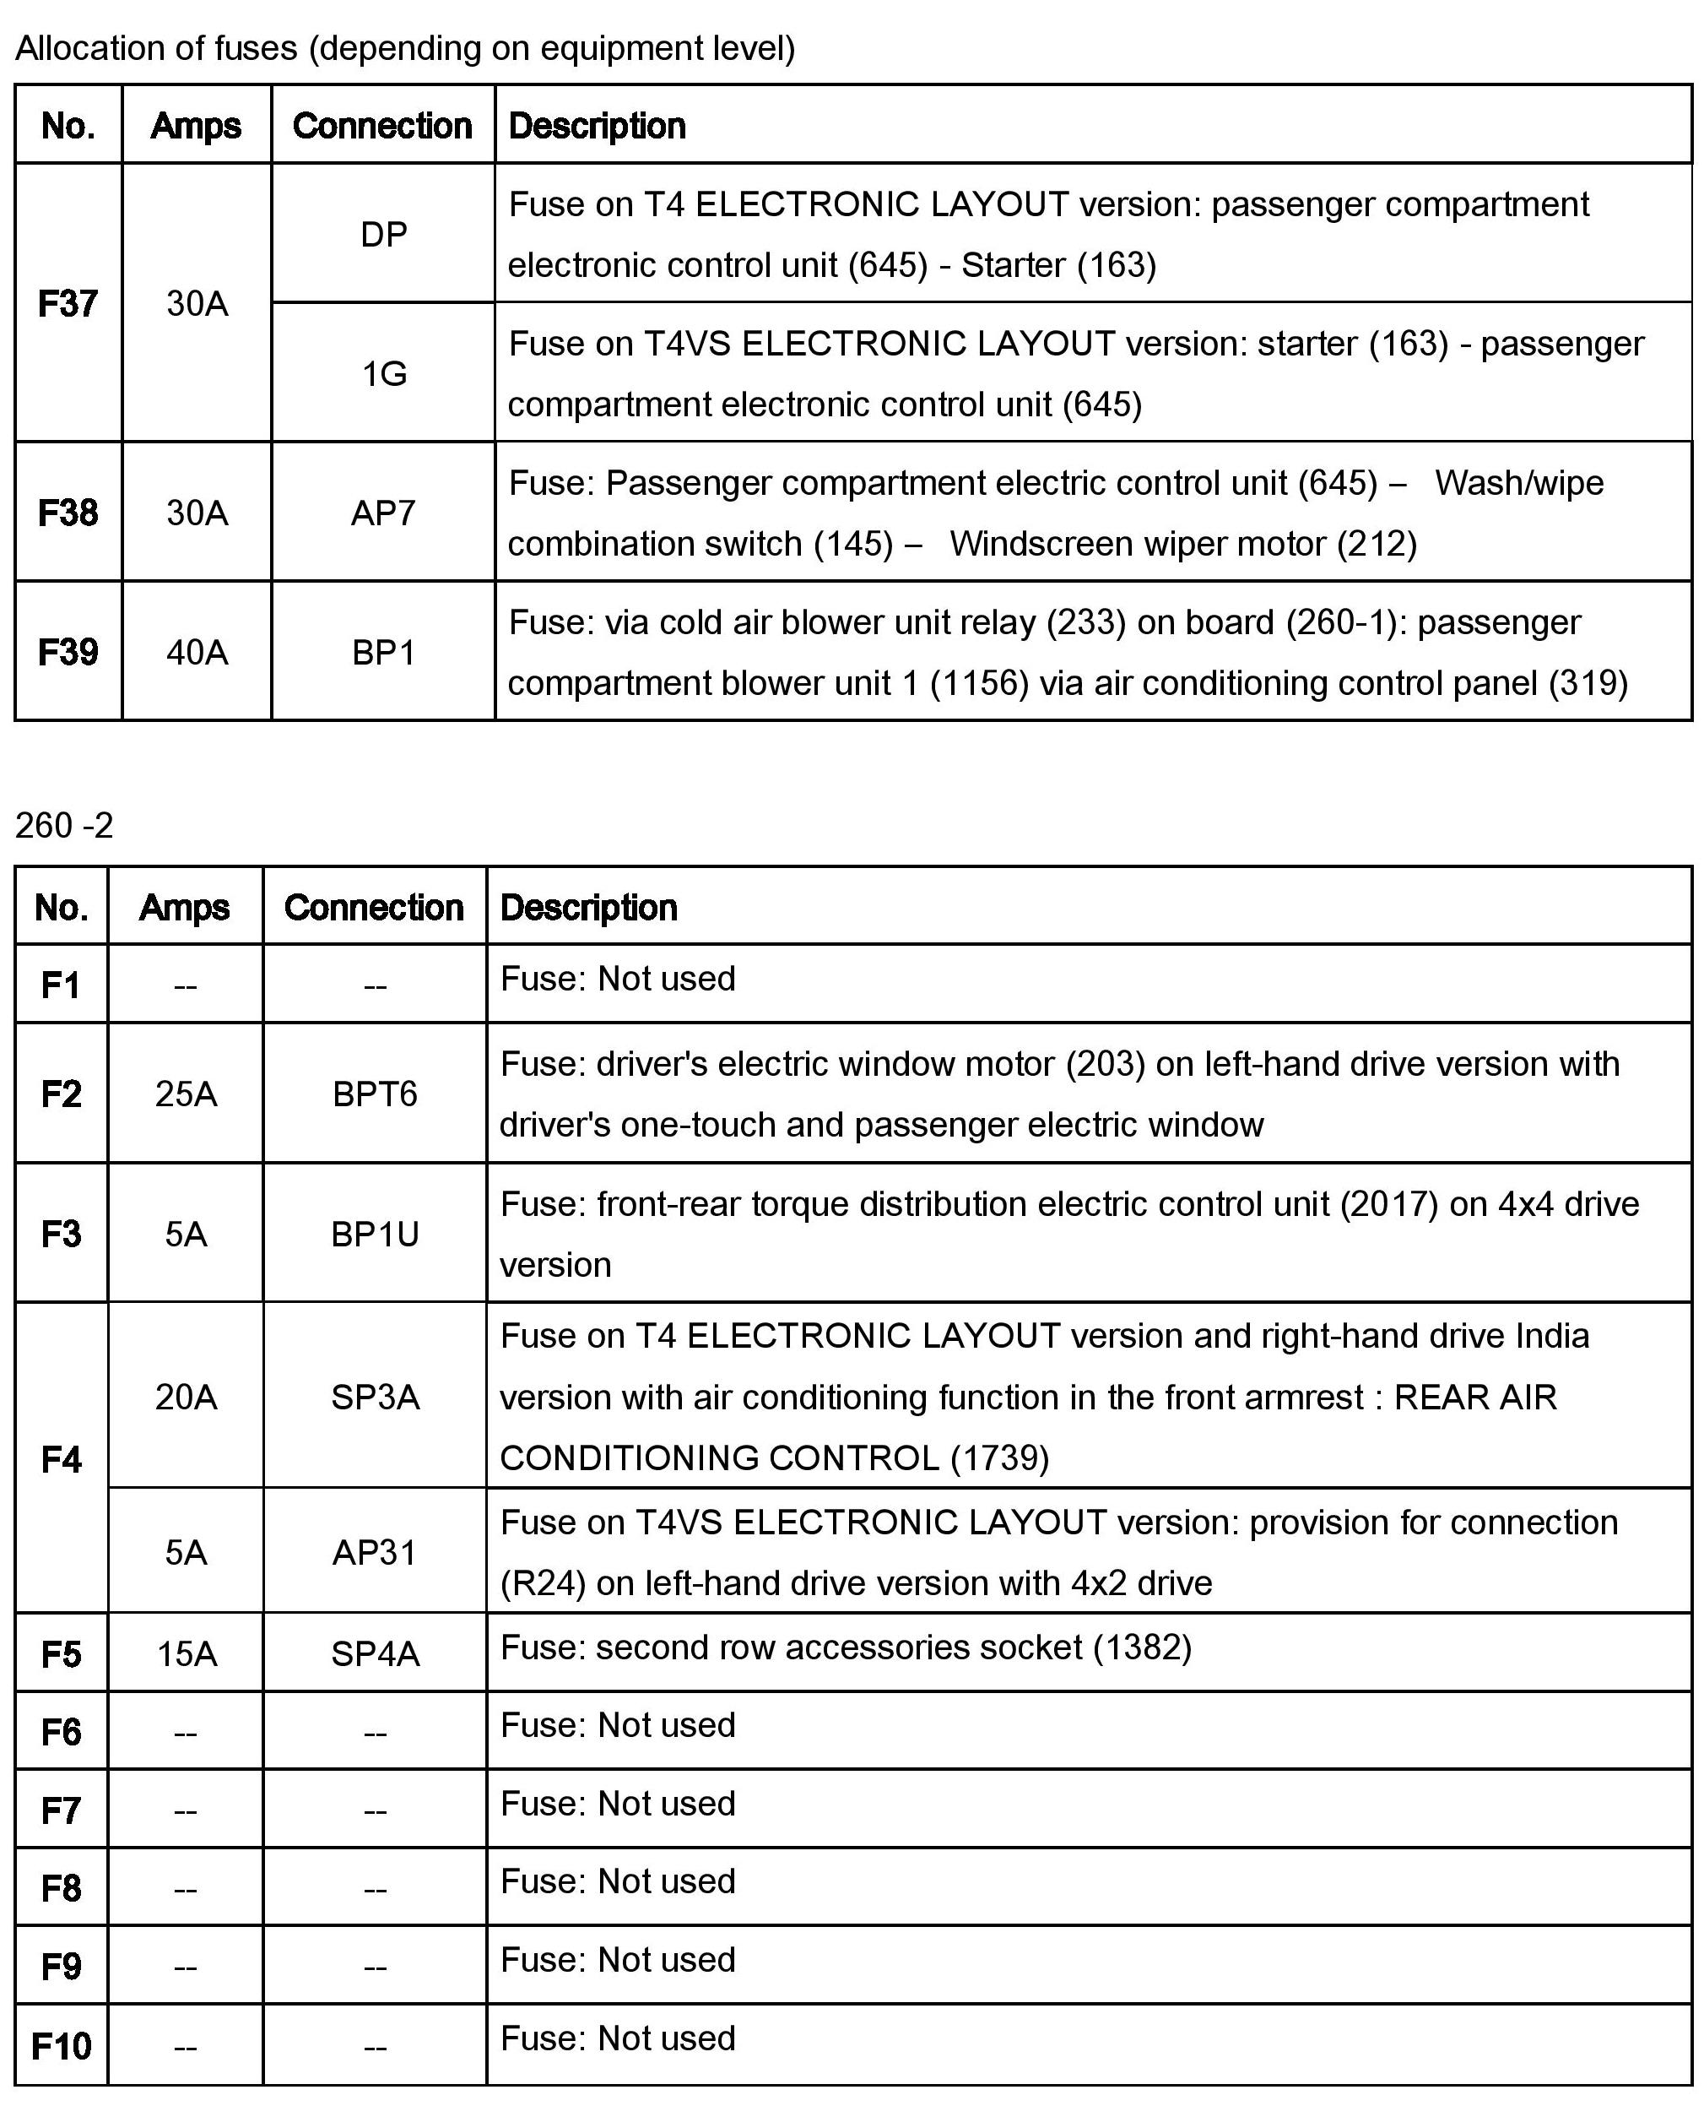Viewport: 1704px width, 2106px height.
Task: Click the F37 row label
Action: click(68, 303)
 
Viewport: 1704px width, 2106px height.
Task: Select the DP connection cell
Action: click(384, 235)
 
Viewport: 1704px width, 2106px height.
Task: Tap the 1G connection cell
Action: click(384, 374)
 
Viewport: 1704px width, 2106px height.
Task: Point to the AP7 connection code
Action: click(383, 513)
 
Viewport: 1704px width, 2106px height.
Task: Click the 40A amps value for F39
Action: click(197, 653)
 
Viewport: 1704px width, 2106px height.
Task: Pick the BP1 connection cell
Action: click(383, 653)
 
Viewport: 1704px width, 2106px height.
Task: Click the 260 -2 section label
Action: click(65, 826)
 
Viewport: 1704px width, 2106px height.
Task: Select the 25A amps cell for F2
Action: click(186, 1094)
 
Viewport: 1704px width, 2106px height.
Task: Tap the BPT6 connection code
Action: click(375, 1094)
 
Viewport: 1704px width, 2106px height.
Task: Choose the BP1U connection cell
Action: click(375, 1235)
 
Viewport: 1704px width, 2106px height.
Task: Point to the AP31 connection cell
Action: click(375, 1552)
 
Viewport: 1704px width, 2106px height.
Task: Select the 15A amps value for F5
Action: click(186, 1654)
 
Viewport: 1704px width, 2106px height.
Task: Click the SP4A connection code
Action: click(375, 1654)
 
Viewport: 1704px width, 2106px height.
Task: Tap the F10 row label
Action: click(61, 2047)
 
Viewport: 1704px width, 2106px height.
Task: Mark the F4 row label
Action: click(61, 1460)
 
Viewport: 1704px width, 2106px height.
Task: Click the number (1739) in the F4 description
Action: click(999, 1458)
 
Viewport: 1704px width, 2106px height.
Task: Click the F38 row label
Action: click(68, 513)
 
